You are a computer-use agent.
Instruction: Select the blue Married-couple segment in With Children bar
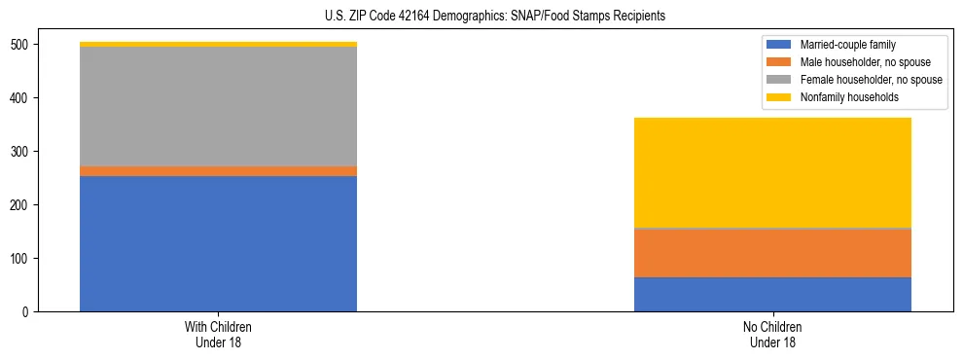pyautogui.click(x=218, y=243)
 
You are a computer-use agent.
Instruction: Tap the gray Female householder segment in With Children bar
pyautogui.click(x=218, y=106)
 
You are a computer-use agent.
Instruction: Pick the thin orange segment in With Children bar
pyautogui.click(x=218, y=171)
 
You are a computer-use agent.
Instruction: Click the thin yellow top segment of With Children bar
pyautogui.click(x=218, y=44)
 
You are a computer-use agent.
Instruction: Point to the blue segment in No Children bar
pyautogui.click(x=772, y=294)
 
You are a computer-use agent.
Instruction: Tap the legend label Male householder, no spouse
pyautogui.click(x=865, y=62)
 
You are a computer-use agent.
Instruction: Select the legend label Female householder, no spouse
pyautogui.click(x=871, y=80)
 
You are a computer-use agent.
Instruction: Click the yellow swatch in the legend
pyautogui.click(x=779, y=97)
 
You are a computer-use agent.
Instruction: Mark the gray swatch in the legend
pyautogui.click(x=779, y=80)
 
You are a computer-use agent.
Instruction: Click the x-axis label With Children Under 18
pyautogui.click(x=218, y=334)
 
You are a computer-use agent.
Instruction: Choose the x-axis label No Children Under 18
pyautogui.click(x=772, y=334)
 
